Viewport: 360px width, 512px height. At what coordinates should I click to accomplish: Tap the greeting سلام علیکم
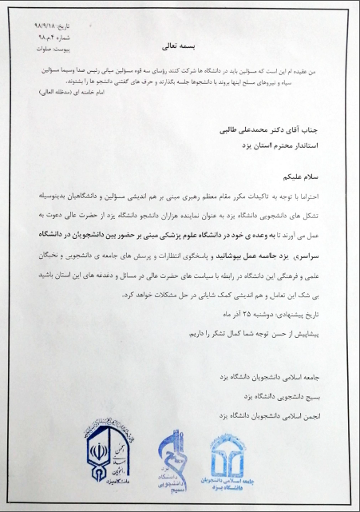(295, 174)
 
